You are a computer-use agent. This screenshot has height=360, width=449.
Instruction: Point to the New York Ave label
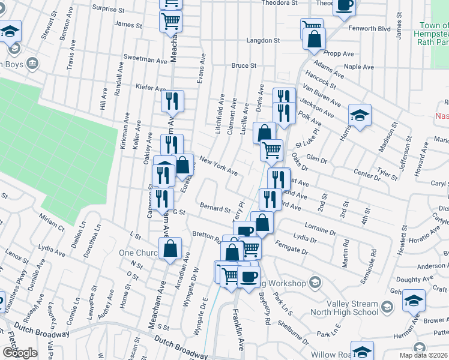click(218, 167)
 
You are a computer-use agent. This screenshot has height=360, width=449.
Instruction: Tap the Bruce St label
click(244, 65)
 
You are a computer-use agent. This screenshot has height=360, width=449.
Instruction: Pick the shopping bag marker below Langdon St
click(315, 40)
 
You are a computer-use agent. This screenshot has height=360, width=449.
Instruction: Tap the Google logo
click(20, 352)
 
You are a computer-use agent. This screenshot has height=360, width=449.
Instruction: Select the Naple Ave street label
click(359, 67)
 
